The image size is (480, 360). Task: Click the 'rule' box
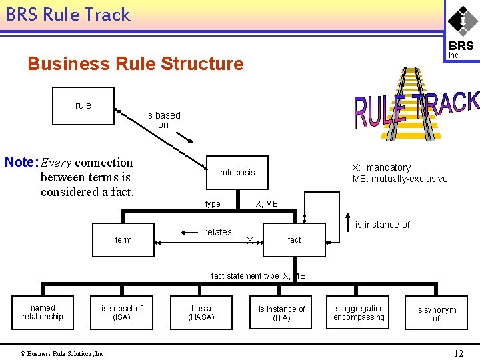(83, 106)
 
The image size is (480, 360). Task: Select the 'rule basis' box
(237, 173)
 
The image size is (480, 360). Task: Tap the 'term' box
(123, 239)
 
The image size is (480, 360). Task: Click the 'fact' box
(294, 239)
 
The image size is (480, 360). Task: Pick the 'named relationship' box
(43, 312)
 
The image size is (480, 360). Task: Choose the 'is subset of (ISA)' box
(121, 312)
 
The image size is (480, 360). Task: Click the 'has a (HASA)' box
(201, 312)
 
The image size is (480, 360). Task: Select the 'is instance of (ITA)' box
(281, 312)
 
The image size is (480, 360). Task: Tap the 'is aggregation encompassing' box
(359, 312)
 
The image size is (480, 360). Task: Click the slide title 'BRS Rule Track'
(67, 15)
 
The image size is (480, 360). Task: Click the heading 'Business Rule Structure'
(135, 64)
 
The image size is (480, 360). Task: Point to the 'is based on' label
(163, 120)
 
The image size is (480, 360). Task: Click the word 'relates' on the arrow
(218, 232)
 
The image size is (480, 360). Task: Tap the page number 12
(458, 353)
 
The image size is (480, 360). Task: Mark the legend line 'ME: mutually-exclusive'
(400, 179)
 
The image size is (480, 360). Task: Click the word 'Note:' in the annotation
(21, 162)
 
